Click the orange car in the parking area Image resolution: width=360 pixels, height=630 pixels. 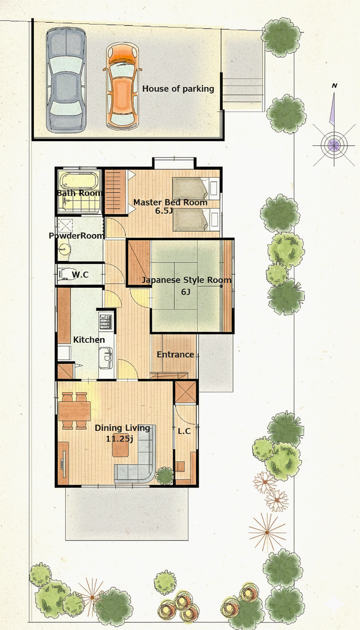[x=122, y=86]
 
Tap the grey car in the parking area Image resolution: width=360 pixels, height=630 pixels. [x=66, y=80]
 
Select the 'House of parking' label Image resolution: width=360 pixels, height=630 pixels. [x=178, y=89]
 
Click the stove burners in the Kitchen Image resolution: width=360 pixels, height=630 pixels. [x=105, y=322]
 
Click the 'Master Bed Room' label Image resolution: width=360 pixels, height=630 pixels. [x=170, y=202]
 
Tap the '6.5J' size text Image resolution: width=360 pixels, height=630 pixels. [x=164, y=210]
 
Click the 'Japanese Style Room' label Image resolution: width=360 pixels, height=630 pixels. [x=186, y=280]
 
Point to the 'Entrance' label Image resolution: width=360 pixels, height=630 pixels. [x=175, y=354]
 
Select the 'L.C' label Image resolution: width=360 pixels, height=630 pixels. [x=184, y=431]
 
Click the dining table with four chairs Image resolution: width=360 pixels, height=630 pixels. [x=75, y=411]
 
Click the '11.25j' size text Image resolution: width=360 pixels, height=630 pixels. [x=120, y=438]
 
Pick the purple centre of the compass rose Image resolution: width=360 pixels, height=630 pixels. [x=334, y=145]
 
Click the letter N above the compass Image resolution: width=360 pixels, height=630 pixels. [x=334, y=86]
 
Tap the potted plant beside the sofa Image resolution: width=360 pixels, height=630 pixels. [x=165, y=476]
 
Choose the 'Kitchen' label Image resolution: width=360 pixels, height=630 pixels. [x=89, y=340]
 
